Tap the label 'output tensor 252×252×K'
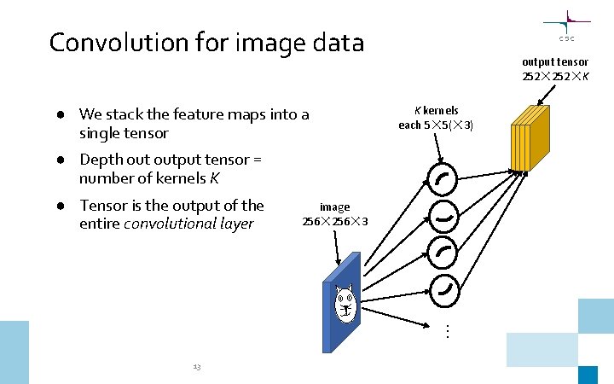(555, 69)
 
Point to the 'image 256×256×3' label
(335, 214)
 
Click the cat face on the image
(345, 300)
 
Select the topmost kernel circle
(443, 179)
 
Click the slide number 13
(196, 367)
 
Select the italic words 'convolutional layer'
(189, 224)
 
